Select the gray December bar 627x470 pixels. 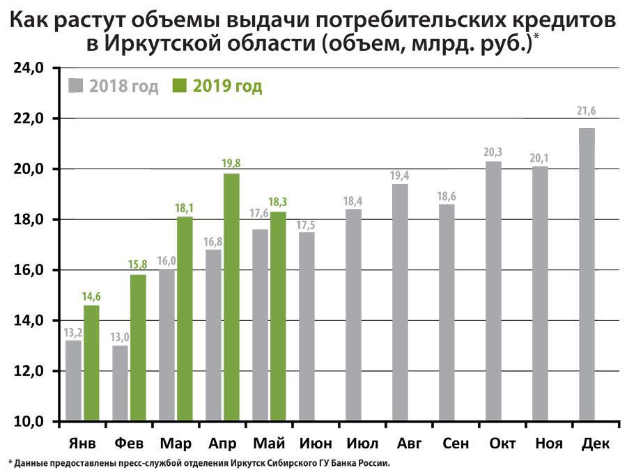(x=587, y=275)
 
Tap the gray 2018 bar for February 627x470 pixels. (x=120, y=383)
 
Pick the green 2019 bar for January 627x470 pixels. (x=91, y=363)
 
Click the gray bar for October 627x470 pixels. (x=493, y=291)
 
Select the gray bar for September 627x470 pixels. (x=446, y=313)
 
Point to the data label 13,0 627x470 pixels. (x=120, y=337)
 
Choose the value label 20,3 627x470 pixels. (x=493, y=152)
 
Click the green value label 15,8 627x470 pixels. (x=138, y=265)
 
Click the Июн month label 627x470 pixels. (x=315, y=444)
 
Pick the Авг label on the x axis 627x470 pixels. (x=408, y=444)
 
